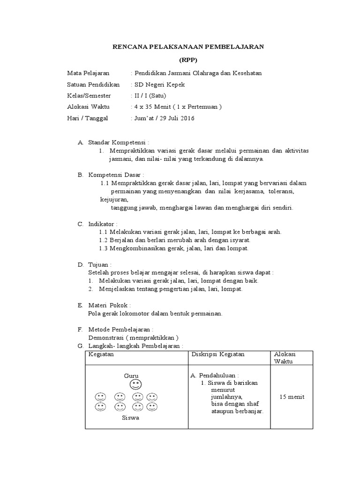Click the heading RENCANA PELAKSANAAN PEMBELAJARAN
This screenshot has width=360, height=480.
189,46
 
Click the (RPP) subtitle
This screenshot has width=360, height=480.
189,60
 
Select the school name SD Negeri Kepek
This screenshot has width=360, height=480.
160,84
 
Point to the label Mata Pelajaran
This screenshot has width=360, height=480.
88,73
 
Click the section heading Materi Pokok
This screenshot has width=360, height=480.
109,305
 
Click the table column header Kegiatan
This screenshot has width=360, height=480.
101,354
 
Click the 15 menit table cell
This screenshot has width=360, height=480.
292,397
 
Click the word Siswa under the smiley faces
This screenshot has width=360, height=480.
130,418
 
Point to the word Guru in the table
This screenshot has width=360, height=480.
131,375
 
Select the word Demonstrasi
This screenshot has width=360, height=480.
106,337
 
